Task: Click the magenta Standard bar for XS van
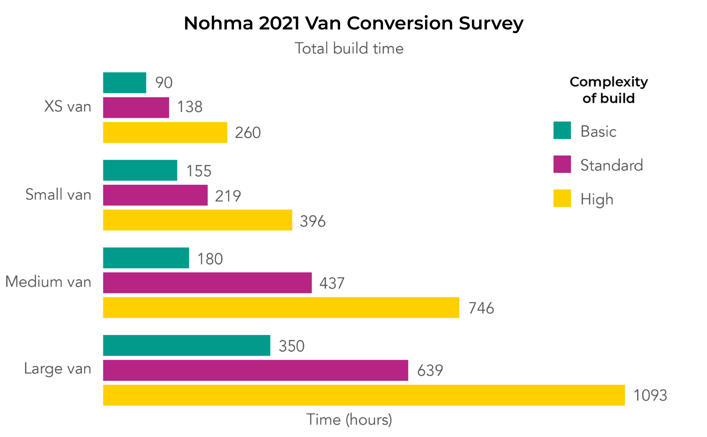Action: click(136, 108)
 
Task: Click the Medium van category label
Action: click(48, 282)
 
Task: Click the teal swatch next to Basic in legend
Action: click(562, 130)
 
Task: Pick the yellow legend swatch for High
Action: click(562, 198)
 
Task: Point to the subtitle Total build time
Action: click(349, 48)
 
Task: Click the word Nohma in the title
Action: click(218, 23)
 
